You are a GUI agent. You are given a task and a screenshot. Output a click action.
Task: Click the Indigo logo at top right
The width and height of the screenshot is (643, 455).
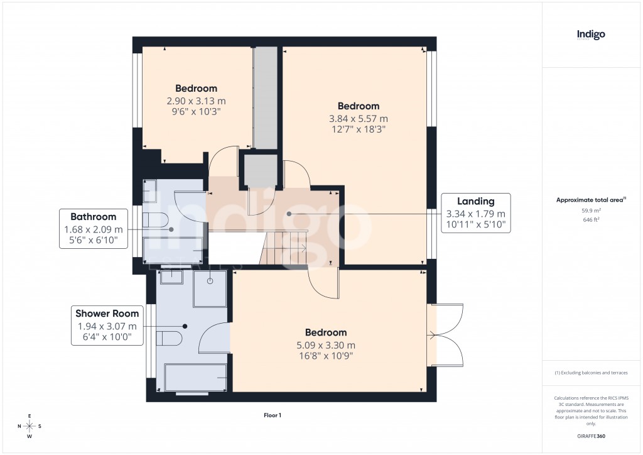pyautogui.click(x=591, y=35)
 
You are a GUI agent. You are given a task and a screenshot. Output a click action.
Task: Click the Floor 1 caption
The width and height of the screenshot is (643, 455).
pyautogui.click(x=272, y=415)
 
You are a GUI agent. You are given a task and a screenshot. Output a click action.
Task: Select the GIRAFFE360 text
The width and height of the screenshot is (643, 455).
pyautogui.click(x=591, y=436)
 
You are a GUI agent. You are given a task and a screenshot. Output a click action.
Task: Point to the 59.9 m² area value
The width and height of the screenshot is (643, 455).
pyautogui.click(x=591, y=211)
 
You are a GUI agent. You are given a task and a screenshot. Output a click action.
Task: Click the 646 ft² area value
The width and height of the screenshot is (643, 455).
pyautogui.click(x=591, y=220)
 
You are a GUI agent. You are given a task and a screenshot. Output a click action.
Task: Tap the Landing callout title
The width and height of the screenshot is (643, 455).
pyautogui.click(x=475, y=202)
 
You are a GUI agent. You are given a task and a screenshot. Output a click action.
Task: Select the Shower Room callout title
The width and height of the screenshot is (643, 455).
pyautogui.click(x=107, y=314)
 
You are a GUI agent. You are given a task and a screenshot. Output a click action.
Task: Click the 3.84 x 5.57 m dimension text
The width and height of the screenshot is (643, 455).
pyautogui.click(x=359, y=118)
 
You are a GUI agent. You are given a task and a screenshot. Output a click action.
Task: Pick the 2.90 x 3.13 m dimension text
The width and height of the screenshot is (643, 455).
pyautogui.click(x=196, y=101)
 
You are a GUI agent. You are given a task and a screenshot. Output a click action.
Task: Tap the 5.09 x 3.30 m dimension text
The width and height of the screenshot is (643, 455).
pyautogui.click(x=326, y=345)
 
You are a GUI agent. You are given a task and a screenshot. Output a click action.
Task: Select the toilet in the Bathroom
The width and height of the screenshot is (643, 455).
pyautogui.click(x=154, y=219)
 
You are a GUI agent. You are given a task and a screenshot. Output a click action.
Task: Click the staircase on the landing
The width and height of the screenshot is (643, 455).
pyautogui.click(x=283, y=248)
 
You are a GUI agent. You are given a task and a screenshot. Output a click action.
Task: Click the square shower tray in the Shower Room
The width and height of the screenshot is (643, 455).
pyautogui.click(x=210, y=288)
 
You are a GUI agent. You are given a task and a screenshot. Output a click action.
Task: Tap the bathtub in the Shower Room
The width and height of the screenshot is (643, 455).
pyautogui.click(x=195, y=377)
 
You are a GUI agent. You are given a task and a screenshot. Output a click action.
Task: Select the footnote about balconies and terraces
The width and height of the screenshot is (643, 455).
pyautogui.click(x=591, y=373)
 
